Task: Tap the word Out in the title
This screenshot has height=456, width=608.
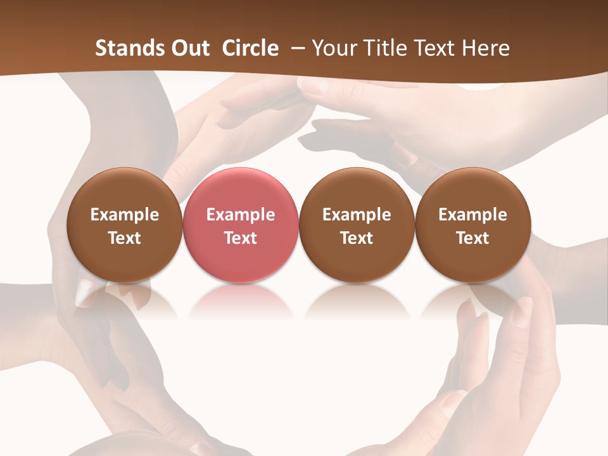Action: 189,48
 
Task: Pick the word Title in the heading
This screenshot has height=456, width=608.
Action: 387,48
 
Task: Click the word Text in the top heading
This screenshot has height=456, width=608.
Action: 438,48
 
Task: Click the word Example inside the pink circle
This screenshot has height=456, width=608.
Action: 241,215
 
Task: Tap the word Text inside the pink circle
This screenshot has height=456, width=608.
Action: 241,238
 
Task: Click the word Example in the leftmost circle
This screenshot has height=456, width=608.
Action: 125,215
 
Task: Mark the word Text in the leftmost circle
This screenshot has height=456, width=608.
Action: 125,238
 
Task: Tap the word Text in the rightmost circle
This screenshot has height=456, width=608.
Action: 473,238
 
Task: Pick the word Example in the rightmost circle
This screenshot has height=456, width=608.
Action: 473,215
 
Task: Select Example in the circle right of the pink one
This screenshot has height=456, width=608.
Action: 357,215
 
